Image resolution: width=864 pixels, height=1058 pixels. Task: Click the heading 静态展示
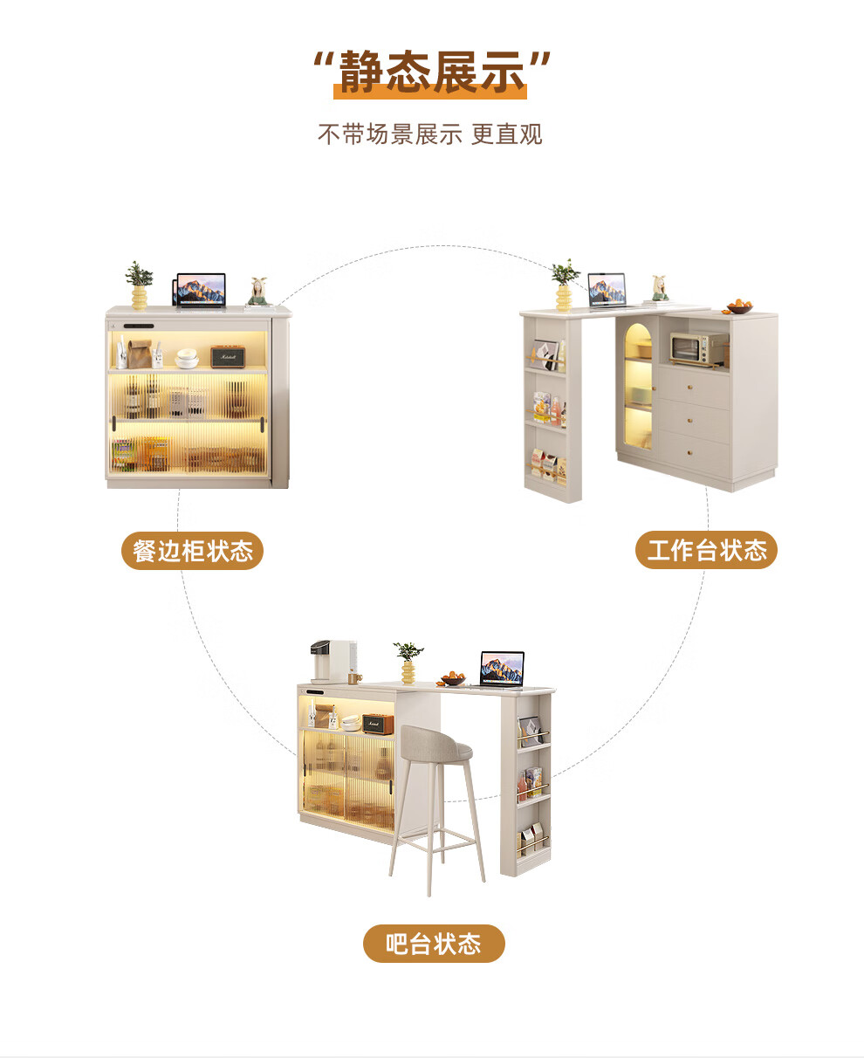point(432,72)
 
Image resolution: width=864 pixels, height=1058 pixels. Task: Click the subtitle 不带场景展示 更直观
point(430,134)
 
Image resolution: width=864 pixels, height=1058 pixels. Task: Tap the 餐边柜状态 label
point(192,551)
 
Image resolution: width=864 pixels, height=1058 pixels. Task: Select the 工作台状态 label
point(706,551)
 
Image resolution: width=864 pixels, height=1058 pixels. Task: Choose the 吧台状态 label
point(434,944)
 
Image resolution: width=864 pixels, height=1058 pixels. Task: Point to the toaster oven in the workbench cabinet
point(695,349)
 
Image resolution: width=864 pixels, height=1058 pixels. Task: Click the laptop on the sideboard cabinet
point(202,290)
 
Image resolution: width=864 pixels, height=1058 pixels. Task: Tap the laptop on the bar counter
point(503,669)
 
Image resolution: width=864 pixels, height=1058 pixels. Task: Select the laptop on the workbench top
point(607,290)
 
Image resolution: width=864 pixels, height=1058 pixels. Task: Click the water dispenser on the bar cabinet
point(333,661)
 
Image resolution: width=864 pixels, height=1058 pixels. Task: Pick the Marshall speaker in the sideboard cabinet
point(227,356)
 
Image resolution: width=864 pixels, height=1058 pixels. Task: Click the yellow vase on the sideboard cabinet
point(139,297)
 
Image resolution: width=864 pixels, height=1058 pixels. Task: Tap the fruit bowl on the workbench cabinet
point(739,307)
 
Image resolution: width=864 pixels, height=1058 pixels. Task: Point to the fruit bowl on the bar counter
point(454,678)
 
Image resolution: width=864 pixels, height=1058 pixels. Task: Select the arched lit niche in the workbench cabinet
point(638,384)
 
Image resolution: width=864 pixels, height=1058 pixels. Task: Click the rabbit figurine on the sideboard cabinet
point(257,292)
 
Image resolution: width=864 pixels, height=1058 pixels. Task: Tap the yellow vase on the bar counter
point(408,670)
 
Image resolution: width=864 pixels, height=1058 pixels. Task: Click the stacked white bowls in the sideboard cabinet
point(187,358)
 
